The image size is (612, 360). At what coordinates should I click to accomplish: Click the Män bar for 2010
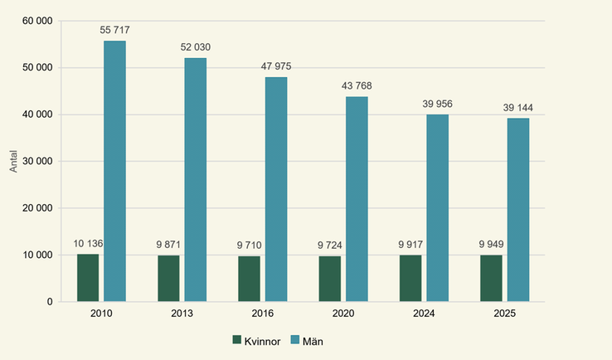[114, 171]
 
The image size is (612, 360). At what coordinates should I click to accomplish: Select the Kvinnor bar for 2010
[88, 278]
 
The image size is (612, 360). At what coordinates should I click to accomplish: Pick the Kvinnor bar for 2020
[330, 279]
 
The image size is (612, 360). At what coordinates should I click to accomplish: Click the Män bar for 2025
[518, 210]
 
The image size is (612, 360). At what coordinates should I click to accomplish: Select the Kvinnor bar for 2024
[410, 279]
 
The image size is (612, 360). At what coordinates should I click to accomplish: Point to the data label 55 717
[114, 31]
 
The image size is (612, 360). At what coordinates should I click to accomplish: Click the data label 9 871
[168, 245]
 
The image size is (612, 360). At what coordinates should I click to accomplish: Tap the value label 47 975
[276, 66]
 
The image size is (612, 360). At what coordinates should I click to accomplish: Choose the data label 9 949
[491, 245]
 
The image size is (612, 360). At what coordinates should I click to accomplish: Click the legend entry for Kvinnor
[263, 340]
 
